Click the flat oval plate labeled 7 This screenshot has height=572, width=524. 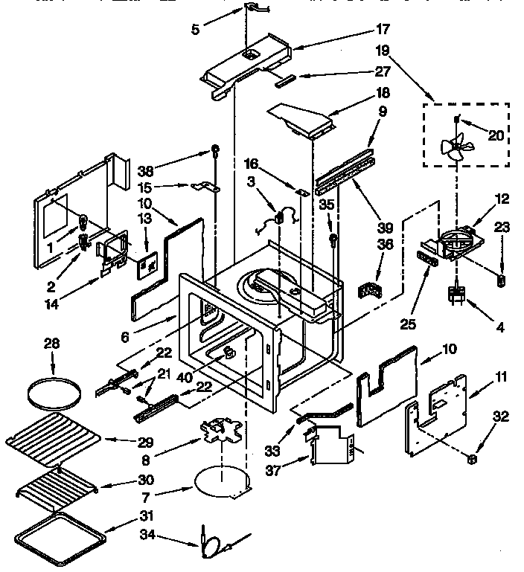[220, 481]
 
